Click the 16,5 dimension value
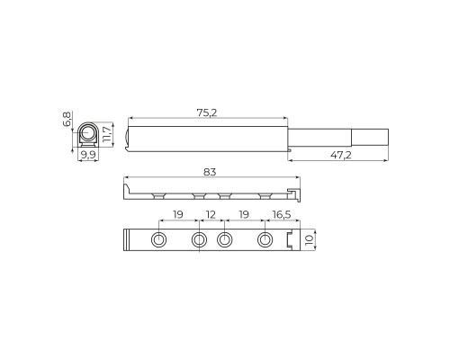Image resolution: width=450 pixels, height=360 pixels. [x=281, y=216]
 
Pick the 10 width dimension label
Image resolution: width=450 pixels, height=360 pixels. [x=309, y=240]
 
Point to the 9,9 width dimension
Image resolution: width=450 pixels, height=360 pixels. [x=88, y=155]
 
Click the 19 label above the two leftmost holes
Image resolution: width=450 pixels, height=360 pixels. [x=178, y=216]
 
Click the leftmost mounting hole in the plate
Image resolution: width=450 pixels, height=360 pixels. [x=158, y=240]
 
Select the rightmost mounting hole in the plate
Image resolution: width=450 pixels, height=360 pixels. [x=265, y=240]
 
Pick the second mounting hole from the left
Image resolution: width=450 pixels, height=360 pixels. [x=199, y=240]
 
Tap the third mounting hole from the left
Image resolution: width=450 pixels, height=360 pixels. [x=225, y=240]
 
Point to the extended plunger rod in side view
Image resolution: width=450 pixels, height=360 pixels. [x=324, y=138]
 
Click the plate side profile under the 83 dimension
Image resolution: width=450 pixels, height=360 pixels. [x=211, y=193]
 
